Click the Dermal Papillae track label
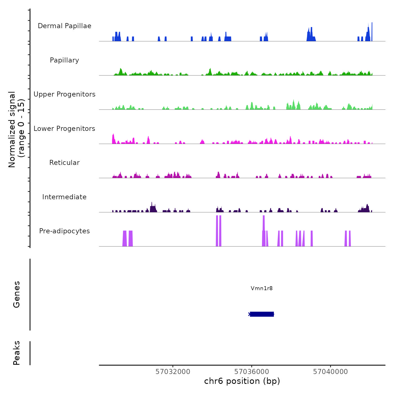pyautogui.click(x=64, y=26)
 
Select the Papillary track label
pyautogui.click(x=64, y=60)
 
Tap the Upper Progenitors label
pyautogui.click(x=64, y=94)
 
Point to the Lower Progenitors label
pyautogui.click(x=64, y=129)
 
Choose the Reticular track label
pyautogui.click(x=64, y=163)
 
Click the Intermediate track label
pyautogui.click(x=64, y=197)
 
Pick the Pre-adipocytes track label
pyautogui.click(x=64, y=231)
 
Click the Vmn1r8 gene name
pyautogui.click(x=262, y=288)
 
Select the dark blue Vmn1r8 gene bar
pyautogui.click(x=262, y=314)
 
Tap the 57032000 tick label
pyautogui.click(x=173, y=372)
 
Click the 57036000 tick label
pyautogui.click(x=252, y=372)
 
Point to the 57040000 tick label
pyautogui.click(x=330, y=372)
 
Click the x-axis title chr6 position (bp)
pyautogui.click(x=242, y=381)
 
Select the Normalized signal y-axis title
pyautogui.click(x=16, y=129)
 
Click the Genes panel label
pyautogui.click(x=17, y=294)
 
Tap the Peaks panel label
pyautogui.click(x=17, y=353)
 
